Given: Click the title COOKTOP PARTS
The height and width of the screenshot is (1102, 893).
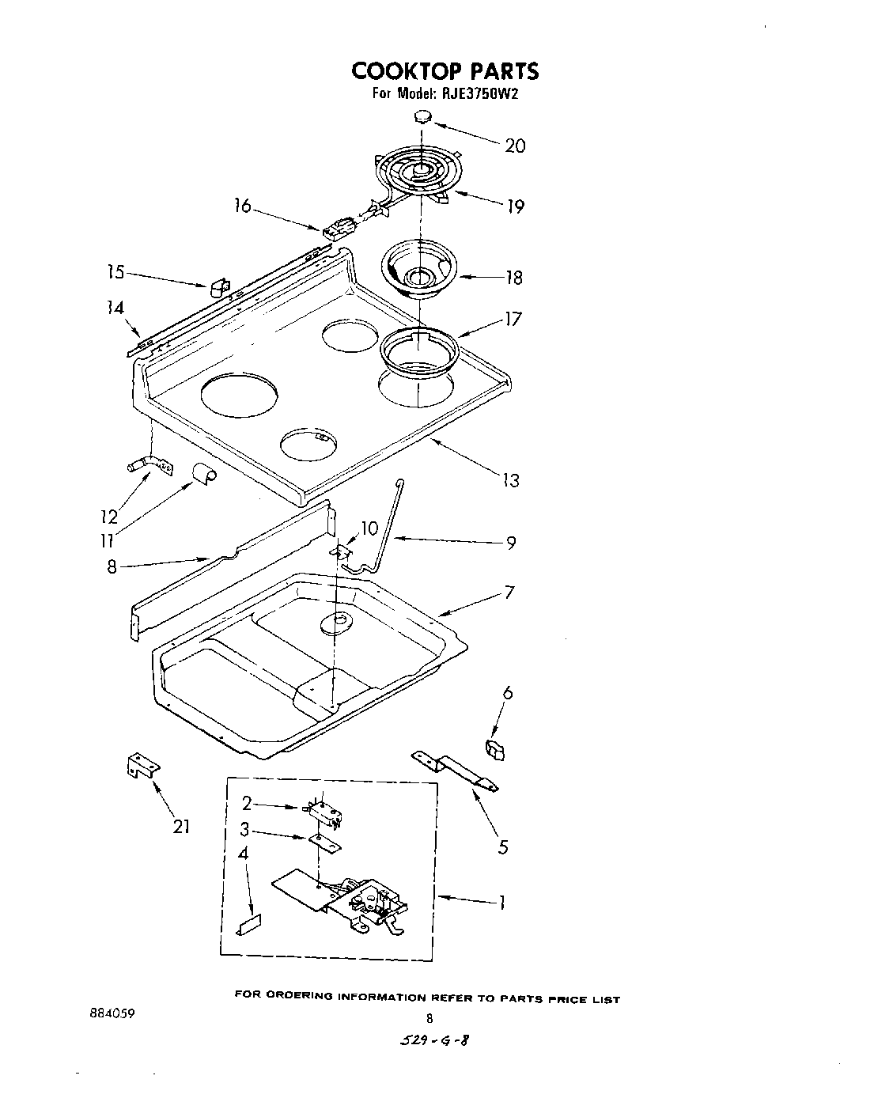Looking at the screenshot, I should coord(445,71).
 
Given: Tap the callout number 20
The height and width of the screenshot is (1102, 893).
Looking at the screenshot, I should coord(514,146).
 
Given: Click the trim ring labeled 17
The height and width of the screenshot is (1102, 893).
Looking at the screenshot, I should coord(419,348).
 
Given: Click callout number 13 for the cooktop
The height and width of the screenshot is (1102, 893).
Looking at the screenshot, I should coord(511,479).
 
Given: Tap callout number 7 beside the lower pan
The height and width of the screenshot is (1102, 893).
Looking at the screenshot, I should coord(509,592).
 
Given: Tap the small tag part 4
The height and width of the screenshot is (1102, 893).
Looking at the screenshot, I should coord(249,925).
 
